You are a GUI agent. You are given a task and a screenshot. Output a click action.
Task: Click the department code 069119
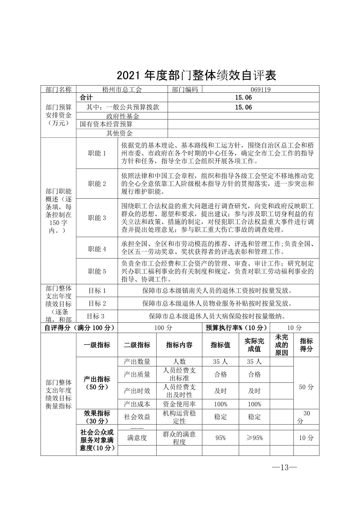coord(261,89)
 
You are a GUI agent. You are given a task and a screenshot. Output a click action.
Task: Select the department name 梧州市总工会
coord(122,89)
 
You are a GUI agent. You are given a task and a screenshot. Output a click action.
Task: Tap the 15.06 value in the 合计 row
coord(243,98)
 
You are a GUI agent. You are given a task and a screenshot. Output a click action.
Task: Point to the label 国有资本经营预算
coord(106,124)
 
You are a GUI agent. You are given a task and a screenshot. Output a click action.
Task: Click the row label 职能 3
coord(97,218)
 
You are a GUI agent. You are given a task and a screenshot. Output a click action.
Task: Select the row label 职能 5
coord(97,271)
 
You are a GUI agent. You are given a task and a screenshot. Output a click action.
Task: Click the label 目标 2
coord(97,303)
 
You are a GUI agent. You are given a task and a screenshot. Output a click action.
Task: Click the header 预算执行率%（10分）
coord(236,328)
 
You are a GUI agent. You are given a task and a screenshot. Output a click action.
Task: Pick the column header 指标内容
coord(179,345)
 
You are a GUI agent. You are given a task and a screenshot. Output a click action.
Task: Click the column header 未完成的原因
coord(281,345)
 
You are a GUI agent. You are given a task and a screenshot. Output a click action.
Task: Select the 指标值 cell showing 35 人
coord(220,362)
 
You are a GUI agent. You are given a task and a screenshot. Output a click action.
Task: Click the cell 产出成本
coord(137,404)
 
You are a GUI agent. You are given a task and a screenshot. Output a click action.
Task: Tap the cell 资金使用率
coord(179,404)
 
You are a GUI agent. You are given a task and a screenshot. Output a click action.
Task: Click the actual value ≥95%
coord(254,438)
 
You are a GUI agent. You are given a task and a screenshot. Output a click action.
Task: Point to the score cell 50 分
coord(306,387)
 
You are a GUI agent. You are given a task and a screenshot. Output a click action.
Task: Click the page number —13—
coord(284,468)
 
